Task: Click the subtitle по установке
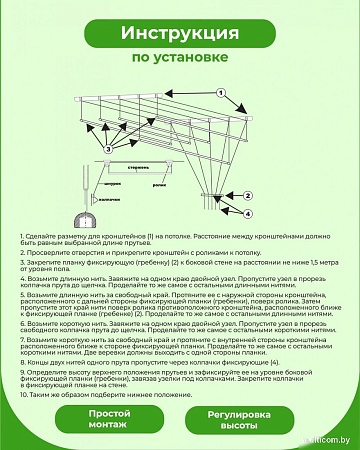pos(179,59)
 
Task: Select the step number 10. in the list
pos(24,395)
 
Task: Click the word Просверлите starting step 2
pos(50,254)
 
